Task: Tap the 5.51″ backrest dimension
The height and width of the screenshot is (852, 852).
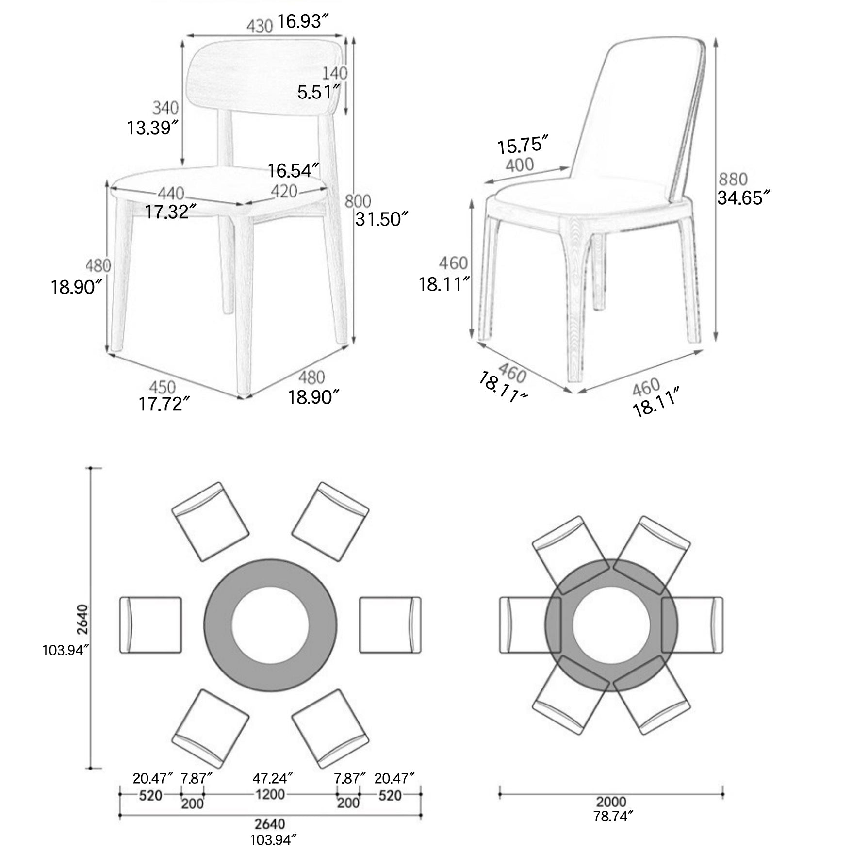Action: pos(318,92)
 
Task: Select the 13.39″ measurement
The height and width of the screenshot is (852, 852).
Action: pos(152,128)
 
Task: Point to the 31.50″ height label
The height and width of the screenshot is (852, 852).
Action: pos(381,219)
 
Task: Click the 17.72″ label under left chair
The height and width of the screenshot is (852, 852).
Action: pos(164,404)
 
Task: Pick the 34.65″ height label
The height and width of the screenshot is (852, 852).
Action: pos(743,198)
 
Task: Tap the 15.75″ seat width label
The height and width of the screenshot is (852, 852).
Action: pos(523,145)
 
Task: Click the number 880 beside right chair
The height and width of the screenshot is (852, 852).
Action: pos(733,180)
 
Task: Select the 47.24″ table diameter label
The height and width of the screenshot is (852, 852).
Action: pos(272,778)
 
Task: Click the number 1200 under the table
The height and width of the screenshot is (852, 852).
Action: pos(270,794)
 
